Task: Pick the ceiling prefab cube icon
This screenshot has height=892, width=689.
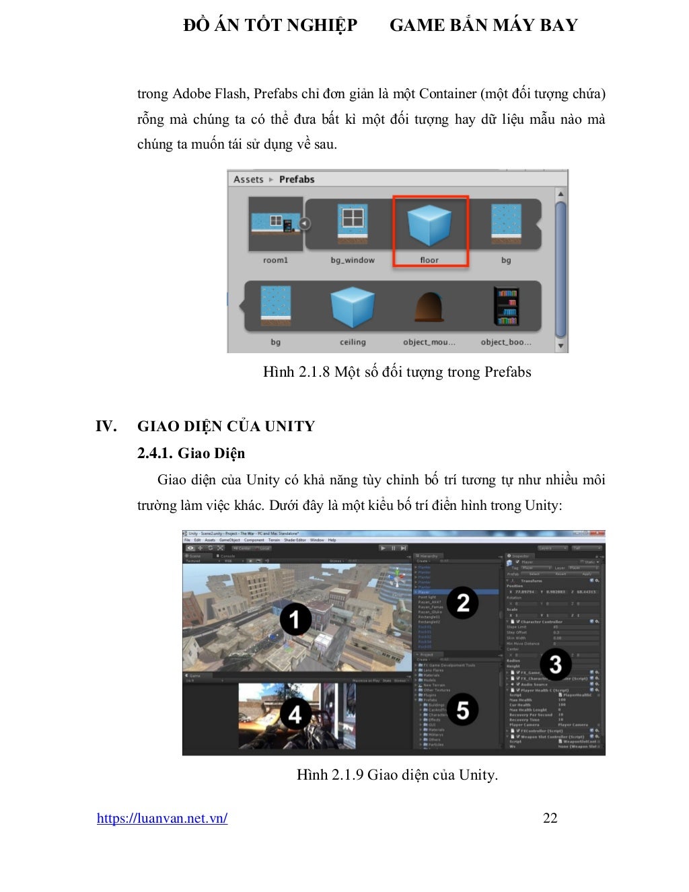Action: (353, 307)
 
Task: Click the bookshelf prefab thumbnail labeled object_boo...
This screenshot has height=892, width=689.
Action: (506, 307)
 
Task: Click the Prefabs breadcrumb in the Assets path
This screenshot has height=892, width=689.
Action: (297, 180)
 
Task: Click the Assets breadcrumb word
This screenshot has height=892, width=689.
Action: (248, 180)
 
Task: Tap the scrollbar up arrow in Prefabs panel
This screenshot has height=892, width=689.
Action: (560, 194)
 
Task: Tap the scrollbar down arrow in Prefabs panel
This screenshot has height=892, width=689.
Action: (560, 345)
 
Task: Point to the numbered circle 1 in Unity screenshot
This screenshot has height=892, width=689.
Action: (295, 620)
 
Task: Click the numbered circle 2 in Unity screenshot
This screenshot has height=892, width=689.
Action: (463, 603)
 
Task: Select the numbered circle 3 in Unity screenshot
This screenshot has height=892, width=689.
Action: (555, 665)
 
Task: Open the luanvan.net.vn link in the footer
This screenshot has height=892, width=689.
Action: (162, 818)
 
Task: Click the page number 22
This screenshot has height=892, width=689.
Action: (550, 818)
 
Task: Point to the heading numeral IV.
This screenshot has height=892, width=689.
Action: (106, 426)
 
